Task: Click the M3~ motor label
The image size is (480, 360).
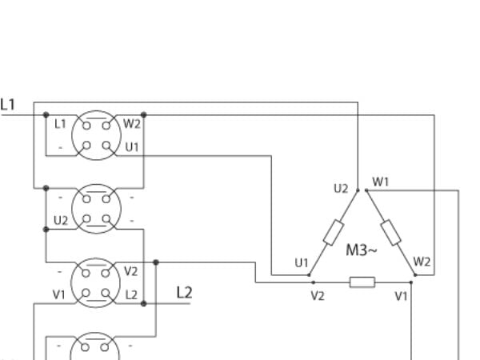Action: point(362,250)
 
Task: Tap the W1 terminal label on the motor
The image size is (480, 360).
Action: point(381,182)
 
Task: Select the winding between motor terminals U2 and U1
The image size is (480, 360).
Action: point(334,232)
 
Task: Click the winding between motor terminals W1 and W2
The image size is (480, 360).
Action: point(390,232)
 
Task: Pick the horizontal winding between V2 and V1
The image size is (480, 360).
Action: point(362,282)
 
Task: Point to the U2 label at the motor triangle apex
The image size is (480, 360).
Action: point(341,189)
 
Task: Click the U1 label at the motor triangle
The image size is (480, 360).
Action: point(302,262)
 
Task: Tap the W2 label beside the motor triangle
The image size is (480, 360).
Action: point(422,262)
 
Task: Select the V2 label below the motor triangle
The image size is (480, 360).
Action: point(318,296)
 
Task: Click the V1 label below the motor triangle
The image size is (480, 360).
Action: point(401,296)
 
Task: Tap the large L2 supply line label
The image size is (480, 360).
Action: point(184,292)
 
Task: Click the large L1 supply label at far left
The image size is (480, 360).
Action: point(8,104)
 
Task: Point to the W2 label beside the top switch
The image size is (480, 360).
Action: point(132,124)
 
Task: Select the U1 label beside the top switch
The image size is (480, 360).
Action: point(132,147)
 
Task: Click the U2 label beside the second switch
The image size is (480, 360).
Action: point(61,221)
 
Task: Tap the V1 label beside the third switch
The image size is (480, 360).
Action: point(58,294)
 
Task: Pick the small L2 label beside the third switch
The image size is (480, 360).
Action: point(131,294)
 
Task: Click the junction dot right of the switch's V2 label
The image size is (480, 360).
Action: point(156,262)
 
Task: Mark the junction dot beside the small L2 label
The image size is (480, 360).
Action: point(143,304)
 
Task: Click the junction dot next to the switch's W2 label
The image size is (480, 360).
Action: point(143,115)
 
